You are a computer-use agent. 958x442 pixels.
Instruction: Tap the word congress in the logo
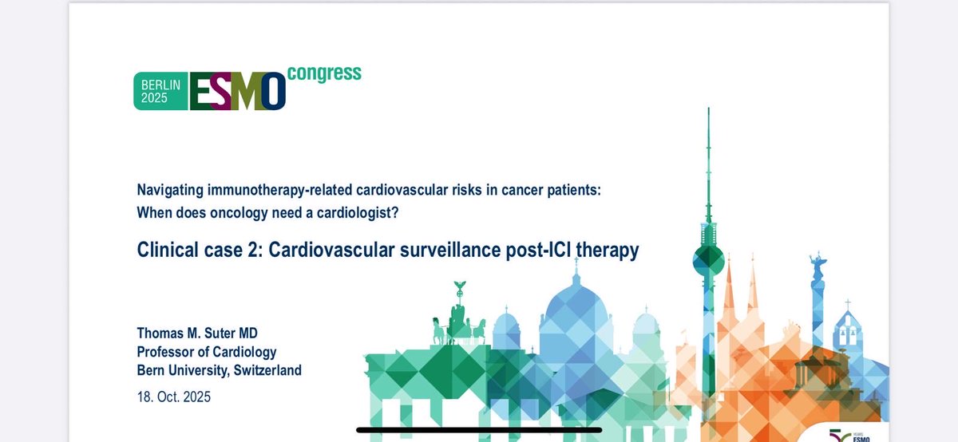(x=324, y=74)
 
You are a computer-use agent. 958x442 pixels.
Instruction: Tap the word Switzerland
(x=265, y=371)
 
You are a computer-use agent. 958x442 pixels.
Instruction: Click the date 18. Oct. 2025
(x=174, y=397)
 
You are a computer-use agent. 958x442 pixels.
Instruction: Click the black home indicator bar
(x=479, y=430)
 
